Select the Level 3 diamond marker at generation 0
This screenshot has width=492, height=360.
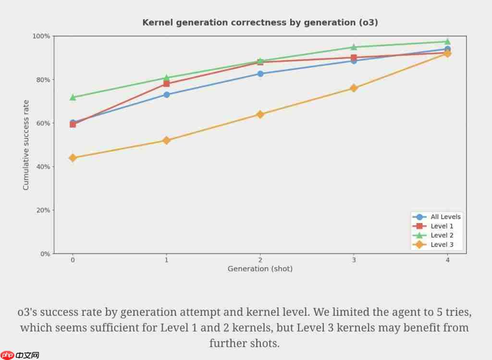[73, 158]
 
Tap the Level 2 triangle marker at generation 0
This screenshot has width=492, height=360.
[73, 97]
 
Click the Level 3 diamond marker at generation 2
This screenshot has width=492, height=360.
[260, 114]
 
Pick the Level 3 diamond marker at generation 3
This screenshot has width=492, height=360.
[354, 88]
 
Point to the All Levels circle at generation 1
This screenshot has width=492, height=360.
[166, 95]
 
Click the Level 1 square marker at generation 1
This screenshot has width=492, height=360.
[166, 84]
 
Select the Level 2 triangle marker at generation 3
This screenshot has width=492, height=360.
[354, 47]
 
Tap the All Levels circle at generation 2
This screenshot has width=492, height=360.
[260, 74]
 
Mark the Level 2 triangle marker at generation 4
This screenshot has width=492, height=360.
[447, 41]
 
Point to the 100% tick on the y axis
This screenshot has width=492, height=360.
[41, 36]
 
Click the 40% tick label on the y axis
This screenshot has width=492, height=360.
[42, 167]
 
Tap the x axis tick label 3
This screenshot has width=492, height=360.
[354, 260]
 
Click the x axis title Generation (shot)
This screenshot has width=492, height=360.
[260, 269]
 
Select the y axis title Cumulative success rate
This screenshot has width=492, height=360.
[26, 145]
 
